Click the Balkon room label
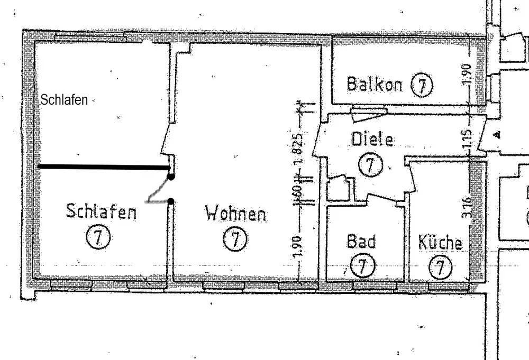click(375, 84)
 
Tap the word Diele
click(372, 140)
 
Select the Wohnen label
click(236, 214)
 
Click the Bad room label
click(361, 242)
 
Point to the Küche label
click(440, 243)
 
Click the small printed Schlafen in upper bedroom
click(65, 99)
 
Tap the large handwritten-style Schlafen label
click(101, 211)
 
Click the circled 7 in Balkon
click(422, 85)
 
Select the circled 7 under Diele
click(370, 165)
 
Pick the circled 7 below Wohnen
click(235, 239)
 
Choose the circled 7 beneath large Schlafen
click(98, 237)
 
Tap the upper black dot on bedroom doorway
click(171, 177)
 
